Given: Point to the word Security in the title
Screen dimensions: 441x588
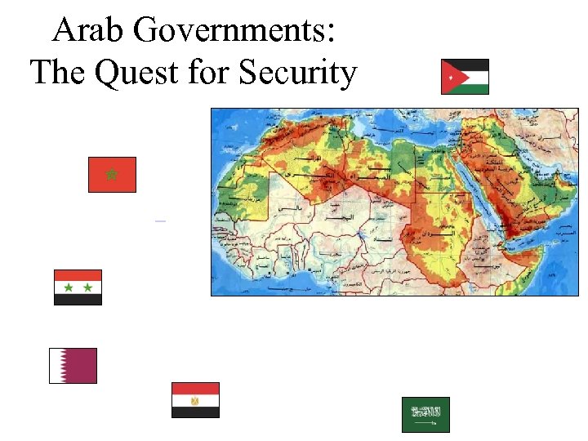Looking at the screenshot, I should tap(298, 73).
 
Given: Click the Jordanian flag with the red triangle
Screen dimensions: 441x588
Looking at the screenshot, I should tap(465, 77).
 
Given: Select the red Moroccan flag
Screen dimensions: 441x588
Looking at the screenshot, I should tap(112, 175).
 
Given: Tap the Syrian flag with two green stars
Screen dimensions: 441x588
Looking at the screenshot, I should tap(78, 287).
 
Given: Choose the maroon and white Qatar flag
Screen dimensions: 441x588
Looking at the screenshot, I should tap(73, 366).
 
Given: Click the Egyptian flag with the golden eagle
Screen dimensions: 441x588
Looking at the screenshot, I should tap(195, 400).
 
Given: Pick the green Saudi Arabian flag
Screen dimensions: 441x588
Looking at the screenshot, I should tap(425, 415).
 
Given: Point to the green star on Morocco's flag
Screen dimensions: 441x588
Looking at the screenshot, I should tap(112, 174).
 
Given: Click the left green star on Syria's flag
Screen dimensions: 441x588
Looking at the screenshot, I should tap(69, 287).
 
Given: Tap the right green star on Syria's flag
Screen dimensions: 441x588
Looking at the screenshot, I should tap(87, 287).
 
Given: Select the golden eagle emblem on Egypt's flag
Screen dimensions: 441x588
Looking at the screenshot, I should tap(195, 400).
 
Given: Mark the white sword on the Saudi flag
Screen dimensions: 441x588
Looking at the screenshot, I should tap(425, 425).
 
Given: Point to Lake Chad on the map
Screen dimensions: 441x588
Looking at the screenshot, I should tap(359, 234).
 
